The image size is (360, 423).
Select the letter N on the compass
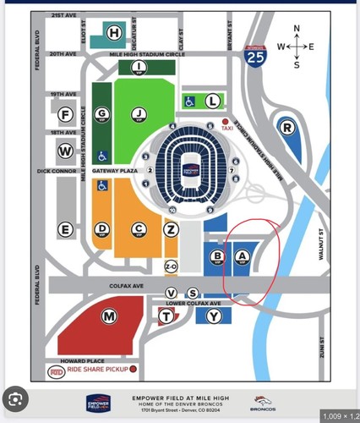coord(297,29)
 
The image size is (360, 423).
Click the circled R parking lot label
coord(289,128)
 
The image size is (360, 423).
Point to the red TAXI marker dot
coord(226,122)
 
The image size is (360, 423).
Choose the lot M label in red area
coord(108,316)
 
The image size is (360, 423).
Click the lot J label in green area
coord(136,113)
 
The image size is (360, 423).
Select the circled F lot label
coord(64,115)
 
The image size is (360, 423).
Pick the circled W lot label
coord(64,151)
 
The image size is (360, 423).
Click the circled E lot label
coord(64,229)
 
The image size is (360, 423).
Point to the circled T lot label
coord(166,316)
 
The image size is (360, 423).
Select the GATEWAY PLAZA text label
coord(118,170)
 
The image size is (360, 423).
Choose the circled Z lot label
coord(172,229)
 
